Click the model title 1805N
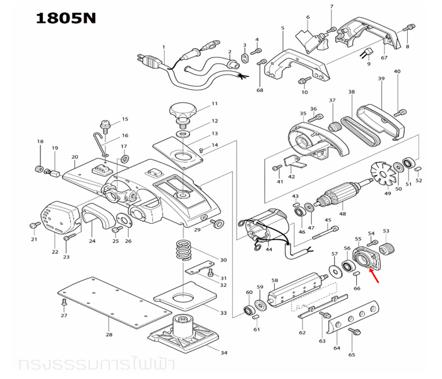pos(66,16)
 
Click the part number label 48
pos(342,214)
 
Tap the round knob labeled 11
pos(184,112)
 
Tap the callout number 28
pos(109,334)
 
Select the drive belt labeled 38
pos(360,120)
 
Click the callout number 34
pos(224,352)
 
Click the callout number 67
pos(384,58)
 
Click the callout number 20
pos(75,157)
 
